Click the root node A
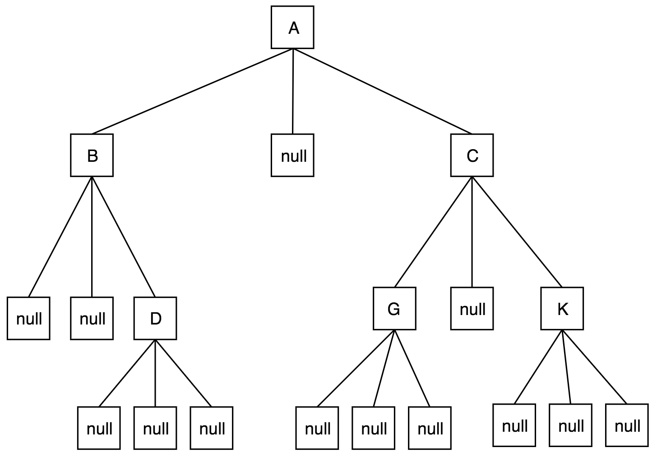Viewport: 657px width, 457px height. pos(292,27)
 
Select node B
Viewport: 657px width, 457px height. pos(92,155)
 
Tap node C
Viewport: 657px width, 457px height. pos(472,155)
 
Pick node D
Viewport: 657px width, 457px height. pos(155,318)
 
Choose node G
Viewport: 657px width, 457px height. pos(394,308)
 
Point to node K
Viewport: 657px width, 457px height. pos(562,308)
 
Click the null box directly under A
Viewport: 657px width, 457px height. pos(292,155)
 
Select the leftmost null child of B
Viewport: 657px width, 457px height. pos(28,318)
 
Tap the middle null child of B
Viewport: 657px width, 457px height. pos(92,318)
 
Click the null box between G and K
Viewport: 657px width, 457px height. pos(472,308)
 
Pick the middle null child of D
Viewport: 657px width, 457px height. pos(155,428)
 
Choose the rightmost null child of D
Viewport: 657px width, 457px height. pos(212,428)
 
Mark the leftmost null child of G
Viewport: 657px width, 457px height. pos(318,428)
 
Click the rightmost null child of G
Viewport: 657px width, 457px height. pos(430,428)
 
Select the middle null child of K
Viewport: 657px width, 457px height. pos(571,425)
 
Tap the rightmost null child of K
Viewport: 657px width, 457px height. pos(627,425)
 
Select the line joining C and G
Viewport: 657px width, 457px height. pos(433,232)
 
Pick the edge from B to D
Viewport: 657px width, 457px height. pos(123,236)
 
